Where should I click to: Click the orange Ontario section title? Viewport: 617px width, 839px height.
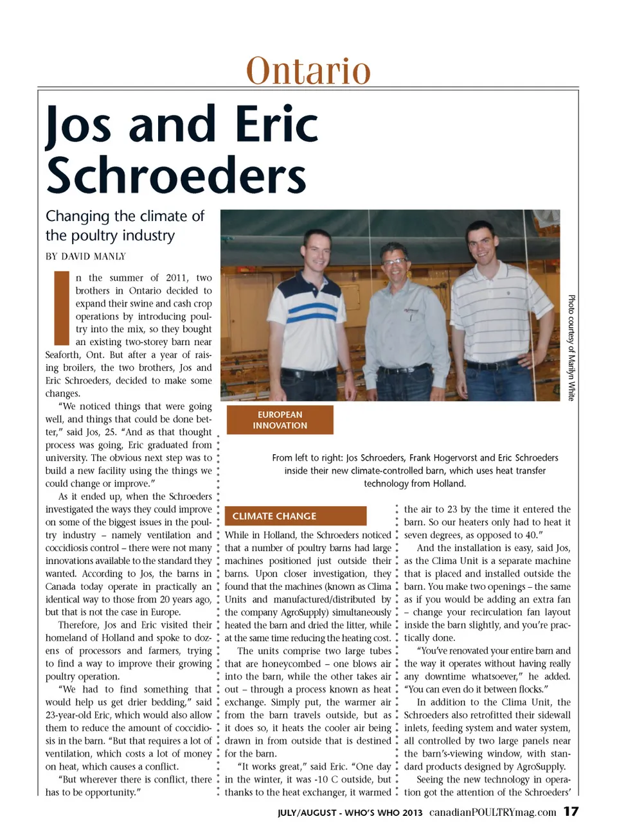308,70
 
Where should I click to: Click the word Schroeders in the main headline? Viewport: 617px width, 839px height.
176,175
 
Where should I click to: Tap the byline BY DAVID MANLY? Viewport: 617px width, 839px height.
85,256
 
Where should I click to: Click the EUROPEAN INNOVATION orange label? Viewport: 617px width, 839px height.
280,420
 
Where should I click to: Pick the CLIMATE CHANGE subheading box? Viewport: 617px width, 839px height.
295,516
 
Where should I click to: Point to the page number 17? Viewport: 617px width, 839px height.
571,811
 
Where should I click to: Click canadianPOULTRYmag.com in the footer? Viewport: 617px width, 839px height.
492,812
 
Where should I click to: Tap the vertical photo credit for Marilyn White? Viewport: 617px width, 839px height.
571,348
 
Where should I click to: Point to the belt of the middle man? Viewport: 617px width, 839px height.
397,370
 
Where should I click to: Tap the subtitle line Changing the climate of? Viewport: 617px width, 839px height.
125,216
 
